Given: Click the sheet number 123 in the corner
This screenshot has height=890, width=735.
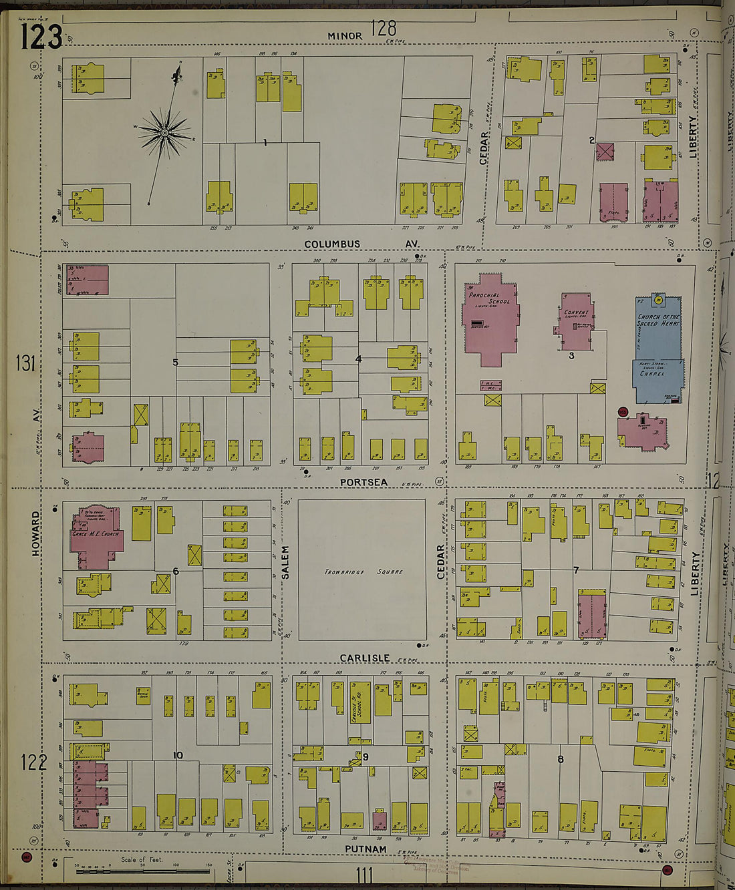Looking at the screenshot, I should [41, 37].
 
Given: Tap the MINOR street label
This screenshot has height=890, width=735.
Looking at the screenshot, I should [345, 35].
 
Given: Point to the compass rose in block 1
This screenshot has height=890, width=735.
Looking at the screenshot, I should [164, 133].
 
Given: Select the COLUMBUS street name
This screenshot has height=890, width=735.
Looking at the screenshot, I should [332, 244].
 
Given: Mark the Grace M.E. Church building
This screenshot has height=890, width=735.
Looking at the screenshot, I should [96, 537].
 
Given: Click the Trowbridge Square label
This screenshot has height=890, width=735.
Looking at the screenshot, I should [363, 572].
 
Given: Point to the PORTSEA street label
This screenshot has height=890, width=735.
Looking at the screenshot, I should [363, 482].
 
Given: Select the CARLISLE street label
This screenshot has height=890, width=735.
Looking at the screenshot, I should [364, 658].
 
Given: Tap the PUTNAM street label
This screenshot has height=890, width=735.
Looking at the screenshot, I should [365, 849].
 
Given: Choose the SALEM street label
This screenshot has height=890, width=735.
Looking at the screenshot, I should [285, 562].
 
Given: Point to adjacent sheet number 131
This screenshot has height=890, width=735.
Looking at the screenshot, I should [26, 363].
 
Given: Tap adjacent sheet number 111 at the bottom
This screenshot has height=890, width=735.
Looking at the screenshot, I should [364, 874].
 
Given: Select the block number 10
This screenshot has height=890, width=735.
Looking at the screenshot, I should [178, 755].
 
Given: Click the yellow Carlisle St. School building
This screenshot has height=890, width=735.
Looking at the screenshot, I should [361, 702].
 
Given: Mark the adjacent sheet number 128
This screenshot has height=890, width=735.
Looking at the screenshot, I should [384, 28].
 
